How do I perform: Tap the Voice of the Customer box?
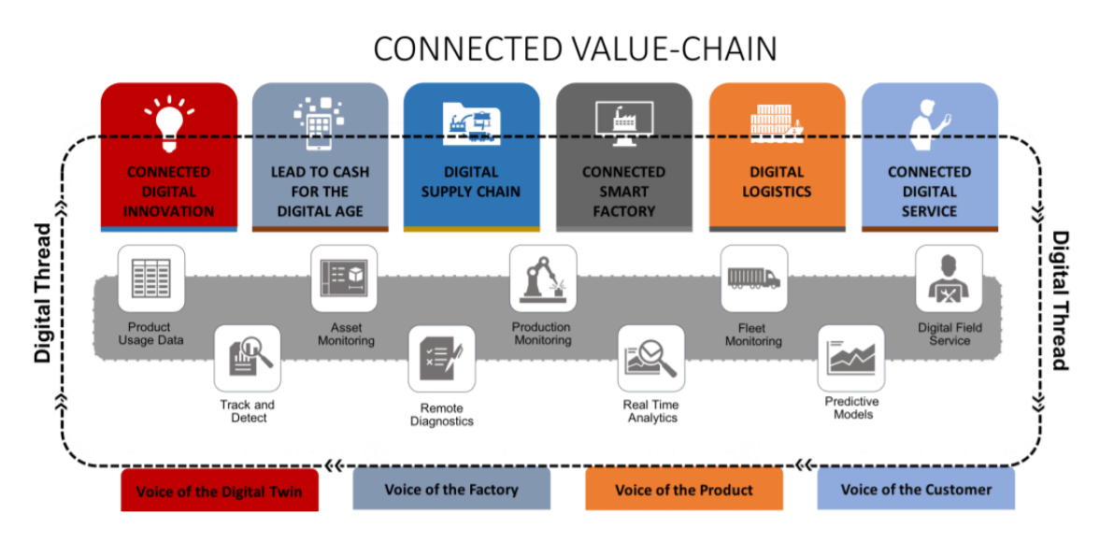[916, 490]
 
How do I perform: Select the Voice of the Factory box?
[451, 490]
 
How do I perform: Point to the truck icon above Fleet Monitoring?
[753, 278]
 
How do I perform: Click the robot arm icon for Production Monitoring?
[542, 278]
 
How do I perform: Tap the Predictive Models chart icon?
[850, 358]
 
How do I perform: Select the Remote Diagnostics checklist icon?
[441, 358]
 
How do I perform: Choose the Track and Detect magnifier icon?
[248, 358]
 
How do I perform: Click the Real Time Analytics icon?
[651, 358]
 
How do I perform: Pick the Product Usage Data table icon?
[150, 278]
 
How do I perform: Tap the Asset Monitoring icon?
[345, 278]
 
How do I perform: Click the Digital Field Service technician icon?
[949, 278]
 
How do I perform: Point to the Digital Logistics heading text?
[777, 182]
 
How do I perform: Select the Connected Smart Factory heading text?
[623, 192]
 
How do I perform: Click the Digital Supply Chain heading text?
[471, 182]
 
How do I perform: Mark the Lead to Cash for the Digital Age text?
[320, 192]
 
